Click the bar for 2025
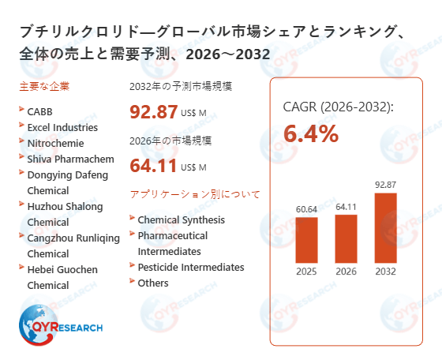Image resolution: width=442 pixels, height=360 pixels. tap(306, 241)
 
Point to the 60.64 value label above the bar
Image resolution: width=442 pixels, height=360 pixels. tap(306, 210)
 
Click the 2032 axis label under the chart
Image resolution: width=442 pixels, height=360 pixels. tap(386, 272)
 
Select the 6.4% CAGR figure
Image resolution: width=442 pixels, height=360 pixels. tap(311, 134)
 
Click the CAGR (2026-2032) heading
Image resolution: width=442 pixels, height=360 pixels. tap(338, 107)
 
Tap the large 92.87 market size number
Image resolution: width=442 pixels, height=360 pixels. tap(154, 112)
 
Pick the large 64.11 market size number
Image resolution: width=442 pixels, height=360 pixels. tap(154, 166)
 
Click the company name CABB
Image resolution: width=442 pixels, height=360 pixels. tap(40, 111)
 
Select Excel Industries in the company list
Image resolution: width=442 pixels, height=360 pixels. tap(62, 127)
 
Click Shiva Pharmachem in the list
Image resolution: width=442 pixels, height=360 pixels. tap(70, 159)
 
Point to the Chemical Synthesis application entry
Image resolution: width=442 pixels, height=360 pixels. tap(181, 219)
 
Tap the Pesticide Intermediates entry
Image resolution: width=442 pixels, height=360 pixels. tap(190, 267)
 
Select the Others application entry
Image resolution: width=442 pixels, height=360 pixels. tap(152, 283)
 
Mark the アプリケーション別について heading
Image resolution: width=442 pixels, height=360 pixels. tap(194, 193)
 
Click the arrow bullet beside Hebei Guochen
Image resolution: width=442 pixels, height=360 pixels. tap(21, 268)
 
